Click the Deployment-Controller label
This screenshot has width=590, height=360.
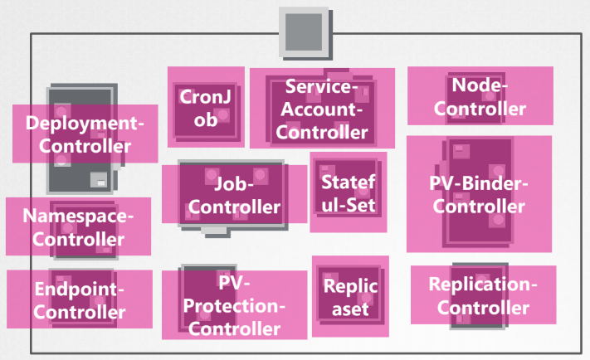(x=85, y=134)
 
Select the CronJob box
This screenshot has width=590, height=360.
(x=206, y=107)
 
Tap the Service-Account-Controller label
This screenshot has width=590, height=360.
(x=321, y=108)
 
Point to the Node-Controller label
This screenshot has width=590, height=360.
(x=480, y=96)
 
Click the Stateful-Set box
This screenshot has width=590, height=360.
(x=349, y=192)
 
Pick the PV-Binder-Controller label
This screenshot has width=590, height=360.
(x=479, y=194)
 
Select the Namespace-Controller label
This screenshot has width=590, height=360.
(x=78, y=226)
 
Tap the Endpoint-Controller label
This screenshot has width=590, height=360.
(x=80, y=299)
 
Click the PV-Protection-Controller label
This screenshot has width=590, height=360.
(x=233, y=304)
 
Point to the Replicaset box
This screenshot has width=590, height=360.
(x=350, y=297)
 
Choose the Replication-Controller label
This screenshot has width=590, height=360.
(x=483, y=295)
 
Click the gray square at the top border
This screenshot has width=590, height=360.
(x=299, y=32)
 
